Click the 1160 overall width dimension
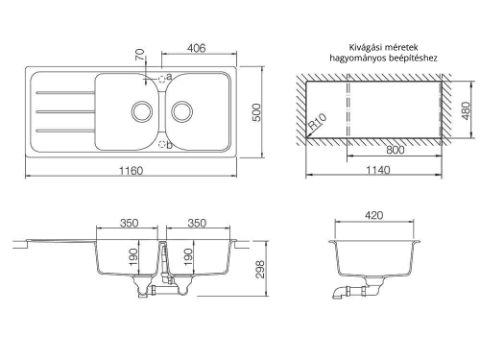[132, 171]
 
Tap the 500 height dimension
[256, 112]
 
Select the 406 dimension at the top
[196, 48]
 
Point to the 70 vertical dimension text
[140, 55]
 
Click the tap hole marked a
[162, 78]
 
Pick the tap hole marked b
[162, 145]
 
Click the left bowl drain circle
[141, 111]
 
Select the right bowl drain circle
[182, 111]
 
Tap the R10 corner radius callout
[317, 121]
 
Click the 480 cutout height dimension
[467, 110]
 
